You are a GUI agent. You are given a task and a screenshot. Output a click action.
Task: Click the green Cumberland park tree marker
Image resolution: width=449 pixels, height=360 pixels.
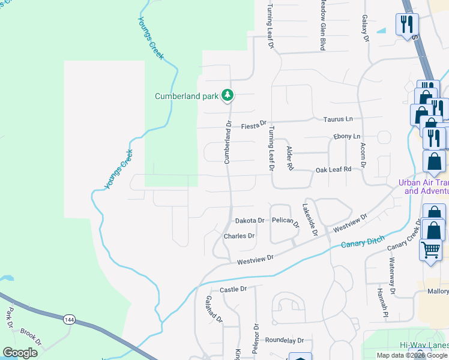tap(228, 95)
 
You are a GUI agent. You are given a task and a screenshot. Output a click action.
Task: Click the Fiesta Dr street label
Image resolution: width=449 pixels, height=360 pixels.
tap(253, 126)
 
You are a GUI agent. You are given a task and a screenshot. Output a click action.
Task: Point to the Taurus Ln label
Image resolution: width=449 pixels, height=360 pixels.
tap(340, 119)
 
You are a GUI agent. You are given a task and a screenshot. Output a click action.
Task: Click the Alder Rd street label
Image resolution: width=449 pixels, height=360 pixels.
tap(290, 157)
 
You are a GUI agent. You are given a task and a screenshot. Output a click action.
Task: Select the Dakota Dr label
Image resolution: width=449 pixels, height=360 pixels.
tap(249, 221)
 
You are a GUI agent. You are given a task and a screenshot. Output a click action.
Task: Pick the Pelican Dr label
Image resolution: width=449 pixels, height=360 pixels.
tap(285, 222)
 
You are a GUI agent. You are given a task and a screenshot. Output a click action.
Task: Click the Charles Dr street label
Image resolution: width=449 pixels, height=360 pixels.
tap(239, 236)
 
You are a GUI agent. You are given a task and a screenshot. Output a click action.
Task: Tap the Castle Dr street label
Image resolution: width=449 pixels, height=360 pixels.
tap(233, 289)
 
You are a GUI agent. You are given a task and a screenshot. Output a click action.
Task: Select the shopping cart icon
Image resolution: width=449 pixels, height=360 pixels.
tap(430, 250)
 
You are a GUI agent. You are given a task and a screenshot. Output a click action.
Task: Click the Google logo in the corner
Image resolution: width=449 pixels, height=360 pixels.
tap(20, 353)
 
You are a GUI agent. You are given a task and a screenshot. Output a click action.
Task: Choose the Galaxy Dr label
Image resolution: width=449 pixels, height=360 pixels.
tap(364, 28)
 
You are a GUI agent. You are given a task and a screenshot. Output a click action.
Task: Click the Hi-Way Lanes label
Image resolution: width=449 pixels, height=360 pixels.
tap(424, 345)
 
